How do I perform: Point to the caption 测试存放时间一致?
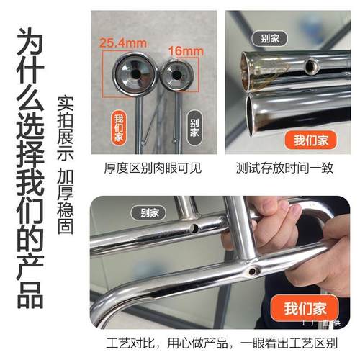pyautogui.click(x=284, y=168)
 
